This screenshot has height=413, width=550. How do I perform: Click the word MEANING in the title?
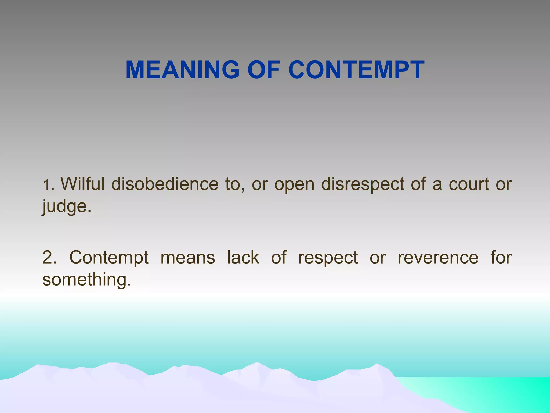(182, 70)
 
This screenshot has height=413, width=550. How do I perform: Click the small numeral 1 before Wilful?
(46, 186)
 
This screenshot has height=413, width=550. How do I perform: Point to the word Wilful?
(82, 184)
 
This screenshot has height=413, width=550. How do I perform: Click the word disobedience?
(165, 184)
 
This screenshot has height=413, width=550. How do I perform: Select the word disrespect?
(363, 184)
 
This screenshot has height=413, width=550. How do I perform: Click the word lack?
(243, 257)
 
